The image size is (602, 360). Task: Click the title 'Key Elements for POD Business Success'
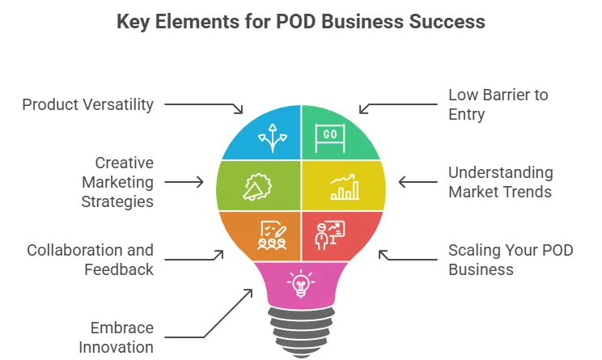[x=301, y=22]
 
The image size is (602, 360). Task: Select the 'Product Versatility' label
[x=87, y=104]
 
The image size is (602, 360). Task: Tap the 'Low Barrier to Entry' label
[x=498, y=104]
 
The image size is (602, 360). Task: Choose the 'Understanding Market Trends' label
[x=501, y=182]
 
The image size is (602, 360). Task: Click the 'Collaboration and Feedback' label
[x=90, y=260]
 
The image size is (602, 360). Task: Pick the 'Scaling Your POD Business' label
[x=511, y=260]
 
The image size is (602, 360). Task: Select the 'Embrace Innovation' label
[x=116, y=337]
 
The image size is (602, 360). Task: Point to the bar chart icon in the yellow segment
[x=344, y=187]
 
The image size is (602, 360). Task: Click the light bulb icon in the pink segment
[x=300, y=283]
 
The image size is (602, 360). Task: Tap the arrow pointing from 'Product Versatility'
[x=204, y=105]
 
